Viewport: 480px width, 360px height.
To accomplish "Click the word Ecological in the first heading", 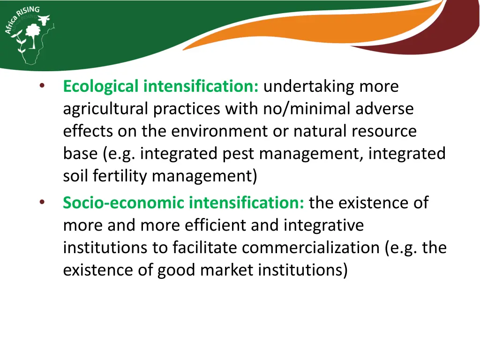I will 101,87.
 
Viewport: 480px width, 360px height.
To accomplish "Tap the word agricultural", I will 106,109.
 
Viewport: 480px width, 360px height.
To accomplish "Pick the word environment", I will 220,131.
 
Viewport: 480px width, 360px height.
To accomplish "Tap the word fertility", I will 120,176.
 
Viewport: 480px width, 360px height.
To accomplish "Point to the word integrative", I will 323,225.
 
